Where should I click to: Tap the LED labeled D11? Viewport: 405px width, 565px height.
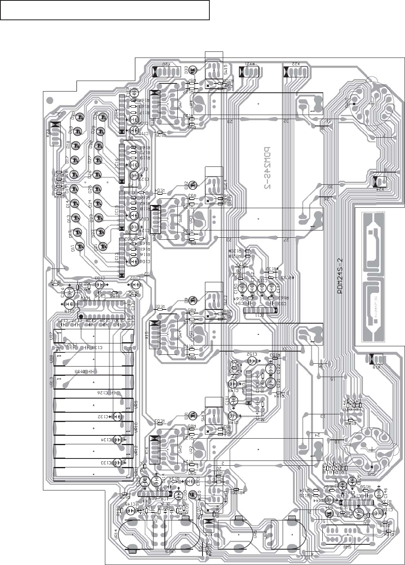(80, 246)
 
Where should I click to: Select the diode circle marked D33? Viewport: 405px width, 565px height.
(193, 70)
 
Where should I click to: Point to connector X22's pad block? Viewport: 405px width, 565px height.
(295, 72)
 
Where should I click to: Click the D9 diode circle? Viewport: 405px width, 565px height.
(193, 300)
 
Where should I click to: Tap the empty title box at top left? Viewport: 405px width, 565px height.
(105, 10)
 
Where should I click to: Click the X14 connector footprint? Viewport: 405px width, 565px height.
(209, 525)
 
